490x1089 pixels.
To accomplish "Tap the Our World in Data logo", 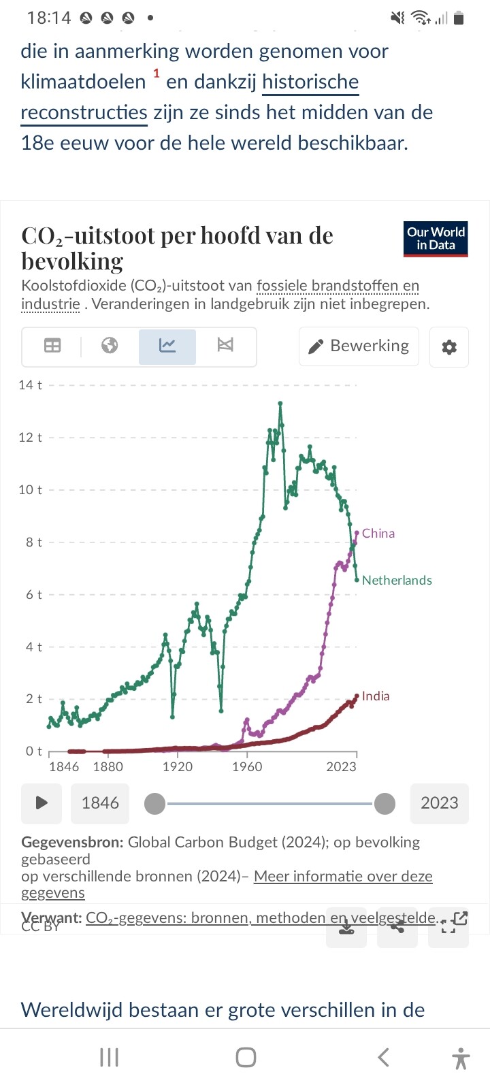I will [x=436, y=239].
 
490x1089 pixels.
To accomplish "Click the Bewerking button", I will [x=359, y=346].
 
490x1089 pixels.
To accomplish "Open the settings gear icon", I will [x=449, y=347].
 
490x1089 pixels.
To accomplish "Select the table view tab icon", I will [x=52, y=346].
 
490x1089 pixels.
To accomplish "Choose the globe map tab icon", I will [x=110, y=346].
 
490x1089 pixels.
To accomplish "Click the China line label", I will [x=378, y=534].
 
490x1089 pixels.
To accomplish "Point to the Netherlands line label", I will [x=397, y=581].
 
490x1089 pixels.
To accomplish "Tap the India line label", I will [x=376, y=696].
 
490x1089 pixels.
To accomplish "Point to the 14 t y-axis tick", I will [x=30, y=385].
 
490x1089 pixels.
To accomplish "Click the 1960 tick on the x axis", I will [x=246, y=767].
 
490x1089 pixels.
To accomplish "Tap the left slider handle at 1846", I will [x=155, y=804].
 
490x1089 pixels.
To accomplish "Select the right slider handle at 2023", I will [x=385, y=804].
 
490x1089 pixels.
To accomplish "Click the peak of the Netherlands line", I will [x=280, y=404].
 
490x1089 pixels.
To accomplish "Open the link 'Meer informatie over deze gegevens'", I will [x=343, y=877].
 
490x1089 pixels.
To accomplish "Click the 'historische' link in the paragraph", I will [x=310, y=82].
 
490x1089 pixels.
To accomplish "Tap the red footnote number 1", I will [x=156, y=74].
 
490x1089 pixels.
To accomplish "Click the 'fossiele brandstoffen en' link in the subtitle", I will [x=338, y=286].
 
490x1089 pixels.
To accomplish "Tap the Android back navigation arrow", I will [x=384, y=1057].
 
